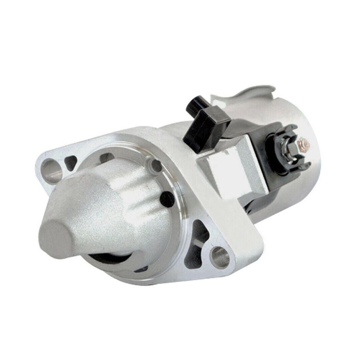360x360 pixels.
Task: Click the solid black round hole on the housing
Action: [166, 196]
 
